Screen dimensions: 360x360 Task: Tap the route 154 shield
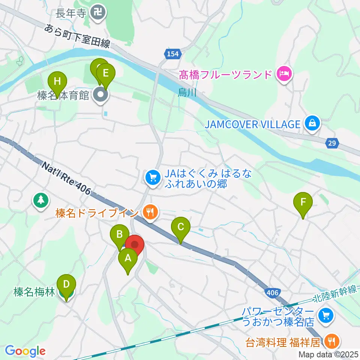coord(172,54)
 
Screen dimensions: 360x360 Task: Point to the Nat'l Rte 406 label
coord(66,177)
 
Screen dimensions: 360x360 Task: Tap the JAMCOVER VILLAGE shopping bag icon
coord(312,124)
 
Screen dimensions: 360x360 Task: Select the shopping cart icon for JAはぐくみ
coord(152,177)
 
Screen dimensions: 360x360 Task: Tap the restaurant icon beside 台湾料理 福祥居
coord(331,341)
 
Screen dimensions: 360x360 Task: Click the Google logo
coord(25,351)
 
